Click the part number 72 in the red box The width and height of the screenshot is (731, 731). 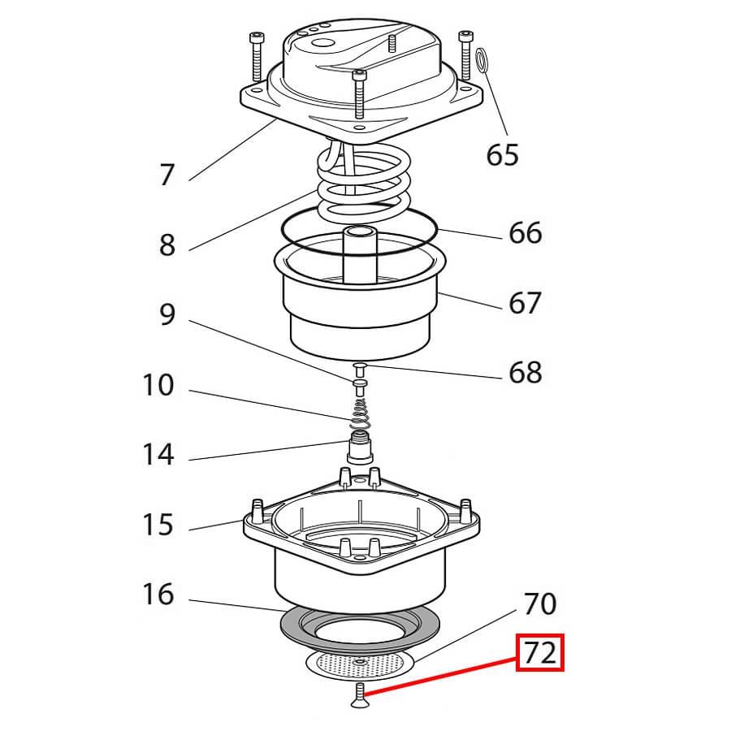(x=541, y=653)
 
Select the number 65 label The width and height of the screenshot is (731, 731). (x=502, y=154)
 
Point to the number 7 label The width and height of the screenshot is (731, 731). (x=167, y=175)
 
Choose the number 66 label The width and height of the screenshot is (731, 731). (x=525, y=233)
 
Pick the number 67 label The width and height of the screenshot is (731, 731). (x=525, y=303)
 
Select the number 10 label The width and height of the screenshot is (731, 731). (x=158, y=385)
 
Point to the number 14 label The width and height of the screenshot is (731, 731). (x=158, y=455)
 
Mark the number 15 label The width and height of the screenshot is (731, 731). (x=158, y=525)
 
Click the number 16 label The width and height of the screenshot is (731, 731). (x=158, y=595)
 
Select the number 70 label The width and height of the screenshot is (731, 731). (x=539, y=604)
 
